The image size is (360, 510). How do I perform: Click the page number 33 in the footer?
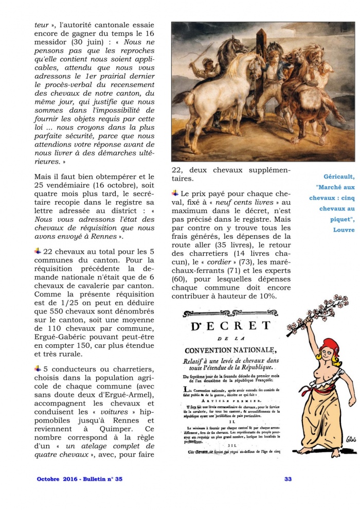288,479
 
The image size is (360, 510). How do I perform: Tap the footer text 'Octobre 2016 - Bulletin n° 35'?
80,479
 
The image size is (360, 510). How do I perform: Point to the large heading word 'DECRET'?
230,326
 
